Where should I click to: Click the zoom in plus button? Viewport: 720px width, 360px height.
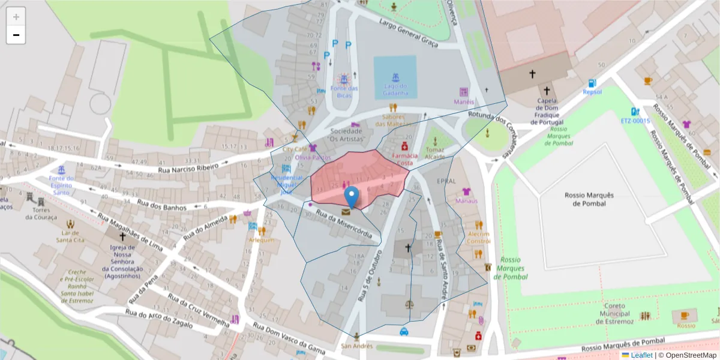(16, 17)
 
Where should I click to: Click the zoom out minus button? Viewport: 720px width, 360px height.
(16, 35)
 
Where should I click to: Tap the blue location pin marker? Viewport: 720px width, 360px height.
(352, 197)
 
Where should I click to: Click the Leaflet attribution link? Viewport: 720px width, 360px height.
(641, 355)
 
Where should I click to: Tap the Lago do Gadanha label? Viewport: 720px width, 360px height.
(395, 89)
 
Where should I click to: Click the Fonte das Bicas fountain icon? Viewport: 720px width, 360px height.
(344, 79)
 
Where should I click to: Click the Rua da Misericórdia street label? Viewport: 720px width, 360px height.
(348, 226)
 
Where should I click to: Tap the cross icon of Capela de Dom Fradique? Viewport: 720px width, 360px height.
(532, 74)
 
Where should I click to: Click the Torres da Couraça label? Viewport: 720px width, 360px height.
(41, 214)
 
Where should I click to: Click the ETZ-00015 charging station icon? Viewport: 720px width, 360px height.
(635, 112)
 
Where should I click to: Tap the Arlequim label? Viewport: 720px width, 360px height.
(261, 240)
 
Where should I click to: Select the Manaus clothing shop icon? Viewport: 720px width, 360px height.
(466, 192)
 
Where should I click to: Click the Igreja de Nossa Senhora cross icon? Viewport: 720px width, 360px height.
(122, 236)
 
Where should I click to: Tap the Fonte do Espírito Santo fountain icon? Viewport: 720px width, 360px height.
(61, 167)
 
